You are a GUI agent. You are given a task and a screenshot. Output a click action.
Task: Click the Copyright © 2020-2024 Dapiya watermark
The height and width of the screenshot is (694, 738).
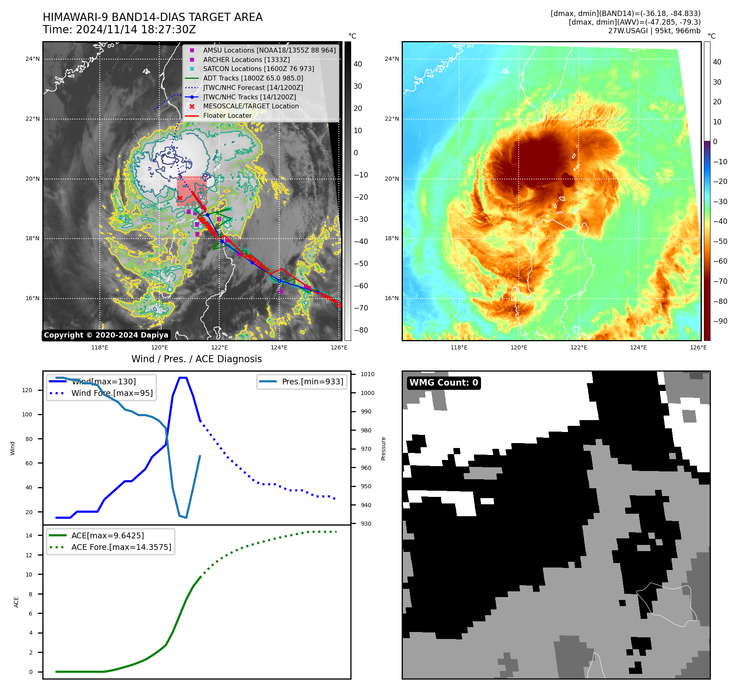[106, 335]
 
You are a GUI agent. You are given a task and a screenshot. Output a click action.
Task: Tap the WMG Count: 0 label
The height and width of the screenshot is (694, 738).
[444, 383]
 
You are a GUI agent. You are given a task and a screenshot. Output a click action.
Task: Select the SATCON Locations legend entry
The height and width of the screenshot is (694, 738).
[258, 69]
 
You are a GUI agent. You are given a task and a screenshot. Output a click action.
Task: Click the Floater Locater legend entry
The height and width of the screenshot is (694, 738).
[227, 115]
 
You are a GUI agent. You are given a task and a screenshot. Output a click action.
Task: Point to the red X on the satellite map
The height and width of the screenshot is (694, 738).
[180, 198]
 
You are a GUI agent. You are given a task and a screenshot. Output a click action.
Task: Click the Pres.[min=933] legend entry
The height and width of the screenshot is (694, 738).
[312, 381]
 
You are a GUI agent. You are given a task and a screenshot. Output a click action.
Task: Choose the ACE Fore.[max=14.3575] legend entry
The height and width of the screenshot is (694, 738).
[121, 547]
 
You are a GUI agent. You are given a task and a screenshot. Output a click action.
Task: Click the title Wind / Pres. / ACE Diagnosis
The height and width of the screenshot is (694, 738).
[196, 359]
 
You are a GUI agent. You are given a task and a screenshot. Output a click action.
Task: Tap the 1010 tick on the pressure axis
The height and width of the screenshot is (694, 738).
[367, 374]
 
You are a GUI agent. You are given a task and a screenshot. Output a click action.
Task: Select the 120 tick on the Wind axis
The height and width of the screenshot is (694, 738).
[27, 390]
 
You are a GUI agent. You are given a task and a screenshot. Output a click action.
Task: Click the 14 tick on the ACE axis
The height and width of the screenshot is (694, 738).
[29, 535]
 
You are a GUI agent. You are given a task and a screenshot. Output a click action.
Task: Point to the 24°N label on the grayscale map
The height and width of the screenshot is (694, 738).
[32, 59]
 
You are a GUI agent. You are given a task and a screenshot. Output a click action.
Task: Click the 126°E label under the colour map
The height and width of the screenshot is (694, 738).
[698, 347]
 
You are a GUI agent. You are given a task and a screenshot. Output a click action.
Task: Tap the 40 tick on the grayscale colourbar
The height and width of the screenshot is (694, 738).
[358, 64]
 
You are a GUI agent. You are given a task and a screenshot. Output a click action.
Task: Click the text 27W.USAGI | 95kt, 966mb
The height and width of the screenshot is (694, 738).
[654, 31]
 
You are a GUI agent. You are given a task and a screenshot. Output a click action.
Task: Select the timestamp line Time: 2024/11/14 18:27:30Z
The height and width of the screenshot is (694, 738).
[119, 30]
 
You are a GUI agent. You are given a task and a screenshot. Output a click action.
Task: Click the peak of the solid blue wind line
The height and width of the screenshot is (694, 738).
[183, 377]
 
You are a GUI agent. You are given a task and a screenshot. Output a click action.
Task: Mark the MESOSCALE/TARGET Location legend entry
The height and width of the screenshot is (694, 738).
[251, 106]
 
